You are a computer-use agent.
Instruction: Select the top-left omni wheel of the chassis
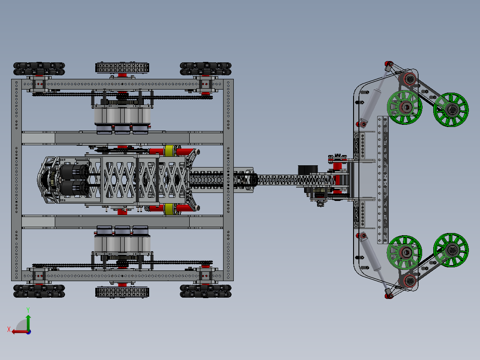point(39,69)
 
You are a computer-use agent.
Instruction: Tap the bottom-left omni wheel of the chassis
point(39,291)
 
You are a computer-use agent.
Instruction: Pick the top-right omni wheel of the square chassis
point(206,69)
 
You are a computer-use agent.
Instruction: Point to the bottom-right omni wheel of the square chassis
point(206,291)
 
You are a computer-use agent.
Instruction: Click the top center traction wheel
point(122,68)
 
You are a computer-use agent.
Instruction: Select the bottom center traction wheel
point(122,292)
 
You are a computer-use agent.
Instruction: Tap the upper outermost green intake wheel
point(451,110)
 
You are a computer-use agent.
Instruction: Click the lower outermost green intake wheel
point(451,250)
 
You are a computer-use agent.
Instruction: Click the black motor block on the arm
point(306,171)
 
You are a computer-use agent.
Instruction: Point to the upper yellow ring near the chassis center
point(169,151)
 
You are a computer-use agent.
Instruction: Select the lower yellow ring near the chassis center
point(169,209)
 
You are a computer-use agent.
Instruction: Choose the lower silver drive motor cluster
point(122,241)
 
